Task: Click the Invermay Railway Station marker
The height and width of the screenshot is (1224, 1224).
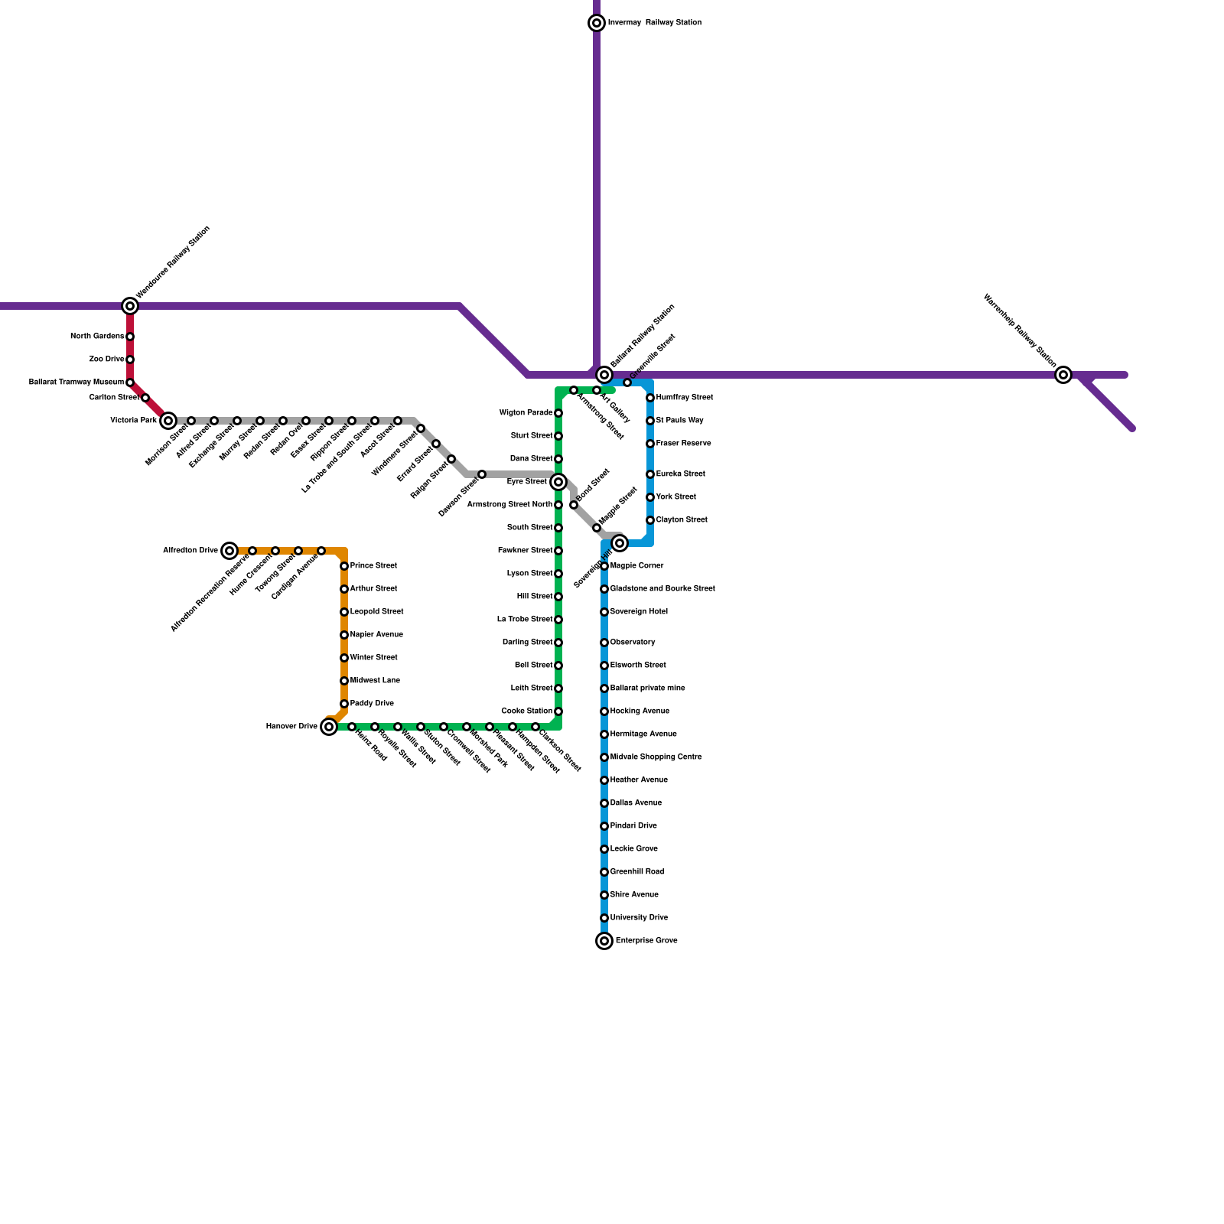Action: [597, 23]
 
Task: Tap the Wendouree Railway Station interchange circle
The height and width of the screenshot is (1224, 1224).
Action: [130, 306]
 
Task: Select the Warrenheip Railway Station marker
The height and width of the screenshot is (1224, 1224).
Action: [1063, 375]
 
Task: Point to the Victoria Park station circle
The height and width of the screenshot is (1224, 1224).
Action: [168, 421]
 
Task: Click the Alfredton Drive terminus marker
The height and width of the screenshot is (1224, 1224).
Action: [229, 551]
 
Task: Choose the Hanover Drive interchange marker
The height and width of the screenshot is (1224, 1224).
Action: [329, 727]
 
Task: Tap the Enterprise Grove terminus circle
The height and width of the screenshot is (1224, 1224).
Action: [604, 941]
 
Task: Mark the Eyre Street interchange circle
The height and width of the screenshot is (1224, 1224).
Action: [558, 482]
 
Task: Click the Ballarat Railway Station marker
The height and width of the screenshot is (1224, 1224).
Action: [604, 375]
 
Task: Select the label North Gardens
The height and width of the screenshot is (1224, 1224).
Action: [97, 337]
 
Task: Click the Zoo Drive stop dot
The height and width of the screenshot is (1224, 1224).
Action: [130, 360]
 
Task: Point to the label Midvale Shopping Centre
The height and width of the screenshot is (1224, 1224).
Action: [656, 757]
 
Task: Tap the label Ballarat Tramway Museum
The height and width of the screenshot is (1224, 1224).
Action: [76, 382]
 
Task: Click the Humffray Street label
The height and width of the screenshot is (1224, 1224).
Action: [685, 398]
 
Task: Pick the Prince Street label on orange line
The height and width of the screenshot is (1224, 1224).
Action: [373, 566]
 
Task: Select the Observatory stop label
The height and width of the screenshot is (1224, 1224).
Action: [633, 643]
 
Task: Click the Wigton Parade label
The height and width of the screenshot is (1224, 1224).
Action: [526, 413]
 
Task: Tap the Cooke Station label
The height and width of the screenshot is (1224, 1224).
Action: [526, 711]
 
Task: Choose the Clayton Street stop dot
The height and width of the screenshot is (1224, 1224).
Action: [650, 520]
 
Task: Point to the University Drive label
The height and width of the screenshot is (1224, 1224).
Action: [639, 918]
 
